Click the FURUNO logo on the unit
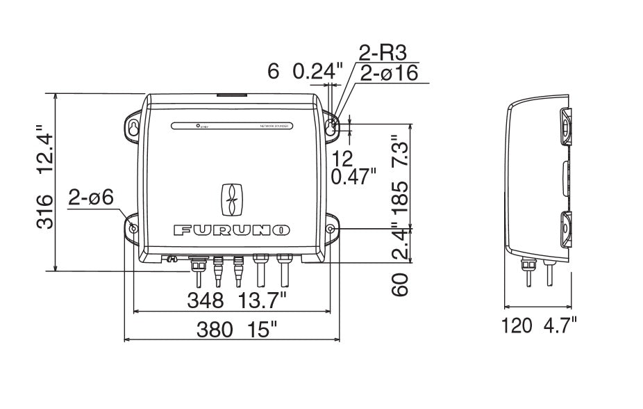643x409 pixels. pos(232,230)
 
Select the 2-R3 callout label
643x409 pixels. pos(381,52)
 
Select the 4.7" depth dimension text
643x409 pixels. pos(558,326)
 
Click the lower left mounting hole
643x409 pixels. pos(133,229)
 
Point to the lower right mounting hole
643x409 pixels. pos(331,229)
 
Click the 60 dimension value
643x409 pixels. pos(399,284)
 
